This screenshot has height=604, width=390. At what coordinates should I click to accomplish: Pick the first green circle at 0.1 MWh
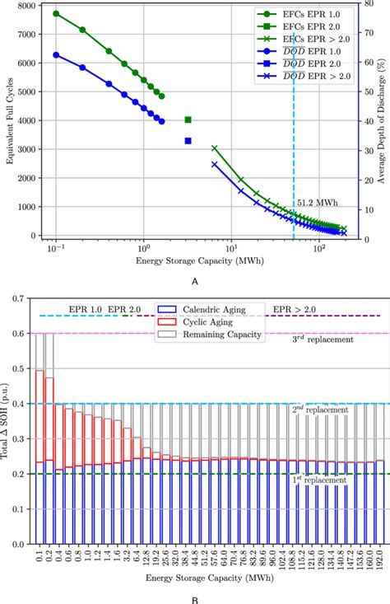[x=56, y=14]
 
